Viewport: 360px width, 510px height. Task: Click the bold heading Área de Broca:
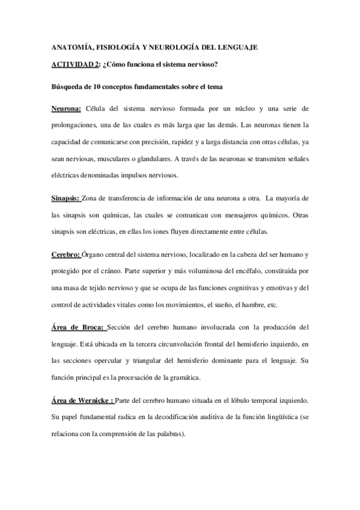pyautogui.click(x=78, y=327)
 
